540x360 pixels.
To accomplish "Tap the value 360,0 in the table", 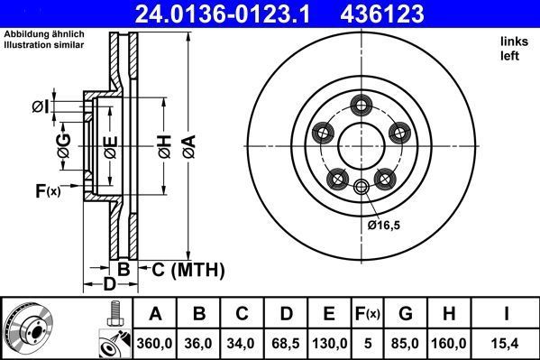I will (x=155, y=343).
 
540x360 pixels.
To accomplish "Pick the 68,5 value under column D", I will (x=286, y=343).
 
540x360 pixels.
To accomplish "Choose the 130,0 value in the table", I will (x=329, y=343).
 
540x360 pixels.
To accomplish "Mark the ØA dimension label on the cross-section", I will (x=188, y=143).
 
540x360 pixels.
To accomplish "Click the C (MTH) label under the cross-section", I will (x=186, y=269).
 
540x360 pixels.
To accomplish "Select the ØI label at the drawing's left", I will (x=40, y=107).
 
